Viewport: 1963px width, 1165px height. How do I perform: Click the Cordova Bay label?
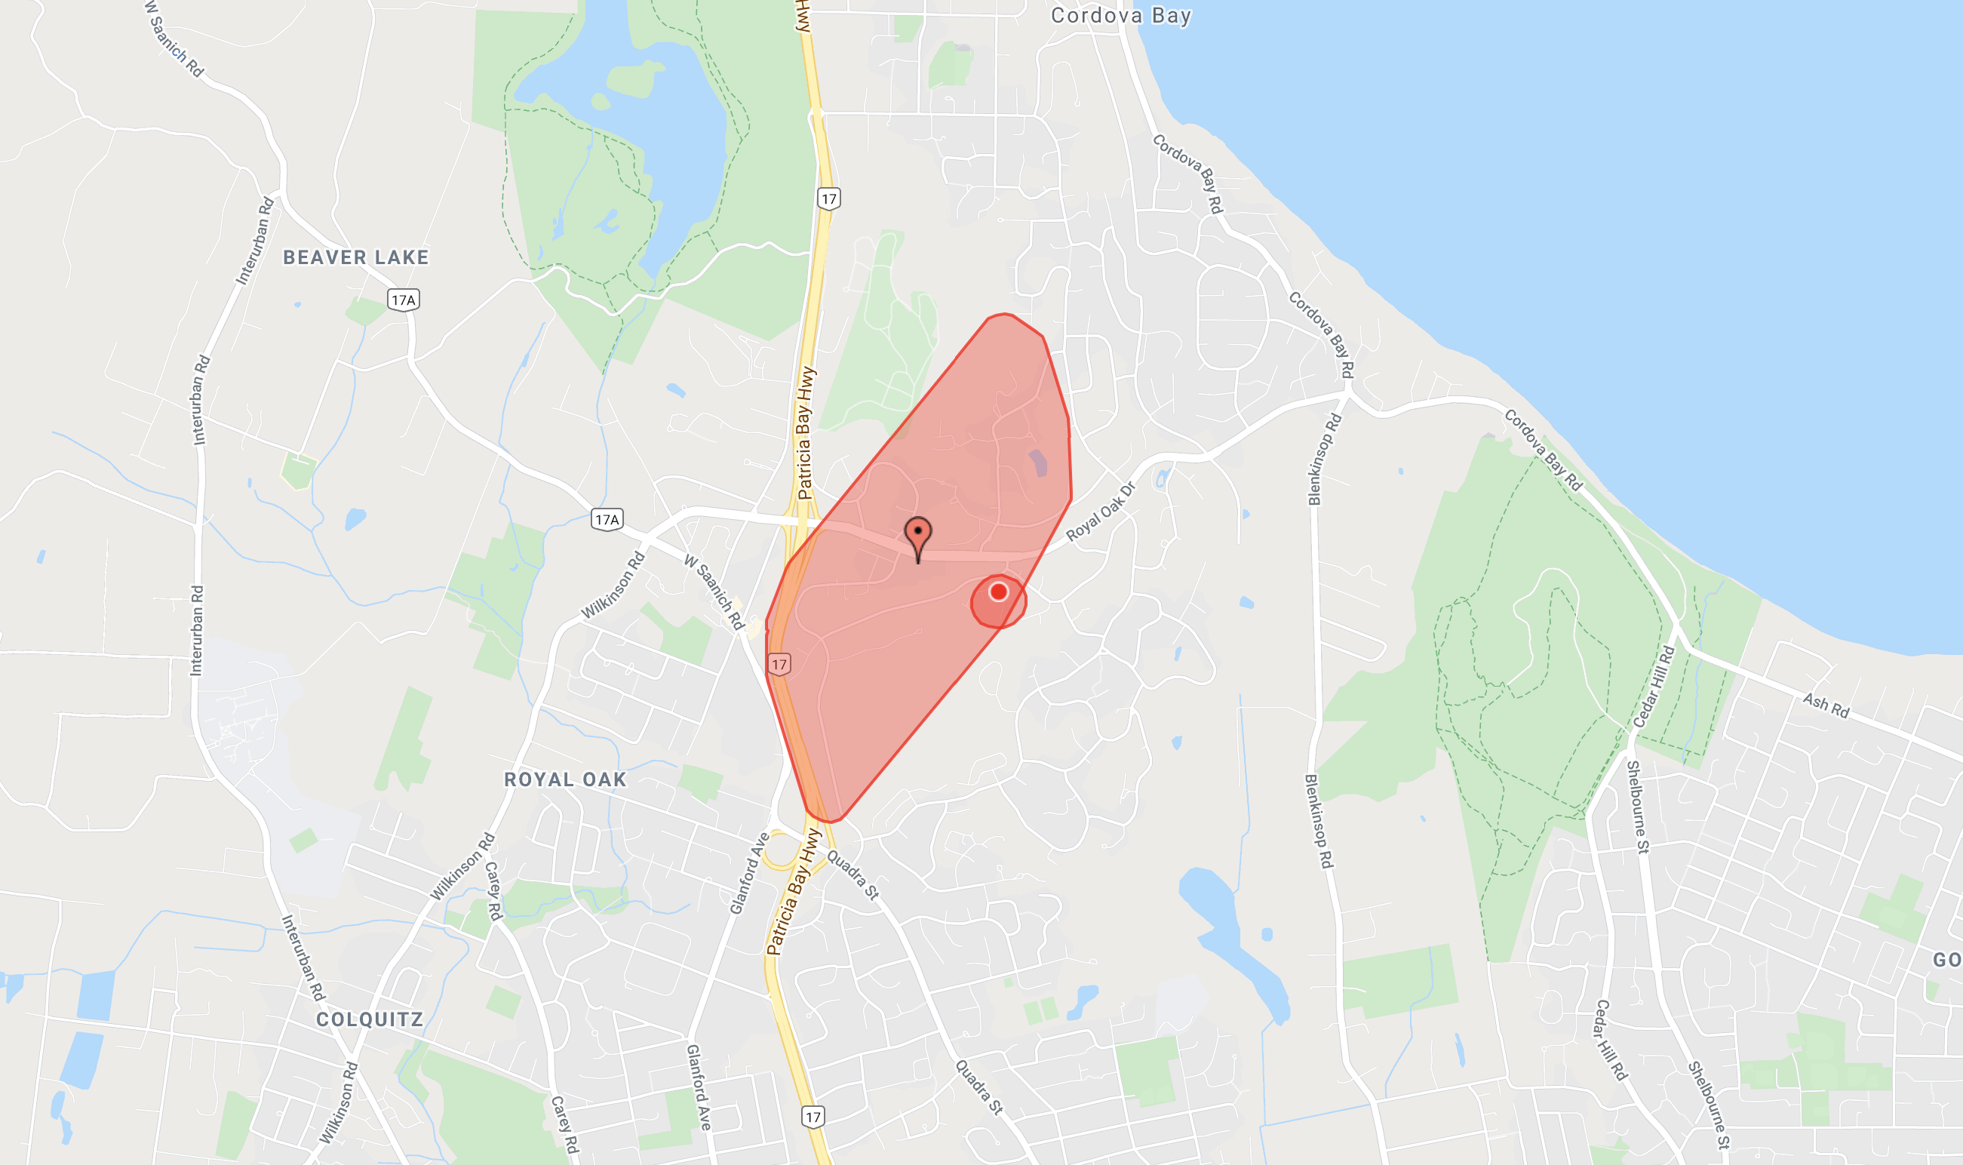click(x=1121, y=16)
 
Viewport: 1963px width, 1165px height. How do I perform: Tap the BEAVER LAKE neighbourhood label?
click(x=355, y=257)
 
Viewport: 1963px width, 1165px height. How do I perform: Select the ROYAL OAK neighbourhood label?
click(x=565, y=779)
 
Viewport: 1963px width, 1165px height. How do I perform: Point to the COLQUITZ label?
click(x=370, y=1020)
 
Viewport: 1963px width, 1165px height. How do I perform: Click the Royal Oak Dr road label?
click(x=1101, y=512)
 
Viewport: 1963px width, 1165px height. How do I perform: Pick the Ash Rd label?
click(x=1826, y=705)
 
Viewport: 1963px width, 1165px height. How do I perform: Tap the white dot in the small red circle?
click(x=998, y=592)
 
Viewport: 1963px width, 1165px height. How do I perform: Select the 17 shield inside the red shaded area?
click(x=779, y=665)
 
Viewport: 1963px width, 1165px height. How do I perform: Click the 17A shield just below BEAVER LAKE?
click(x=404, y=300)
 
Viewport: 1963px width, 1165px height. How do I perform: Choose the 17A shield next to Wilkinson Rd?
click(x=607, y=520)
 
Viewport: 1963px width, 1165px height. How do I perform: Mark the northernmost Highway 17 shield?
click(x=829, y=198)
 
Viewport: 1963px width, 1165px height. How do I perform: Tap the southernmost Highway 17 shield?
click(x=813, y=1116)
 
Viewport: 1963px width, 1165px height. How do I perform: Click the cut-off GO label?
click(x=1946, y=960)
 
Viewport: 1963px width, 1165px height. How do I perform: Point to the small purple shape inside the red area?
click(x=1037, y=463)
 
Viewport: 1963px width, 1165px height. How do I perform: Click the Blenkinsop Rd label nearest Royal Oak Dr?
click(x=1325, y=460)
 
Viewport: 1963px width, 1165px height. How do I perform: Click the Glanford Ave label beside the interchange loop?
click(x=749, y=874)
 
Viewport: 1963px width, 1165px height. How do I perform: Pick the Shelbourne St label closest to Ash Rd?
click(x=1637, y=807)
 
